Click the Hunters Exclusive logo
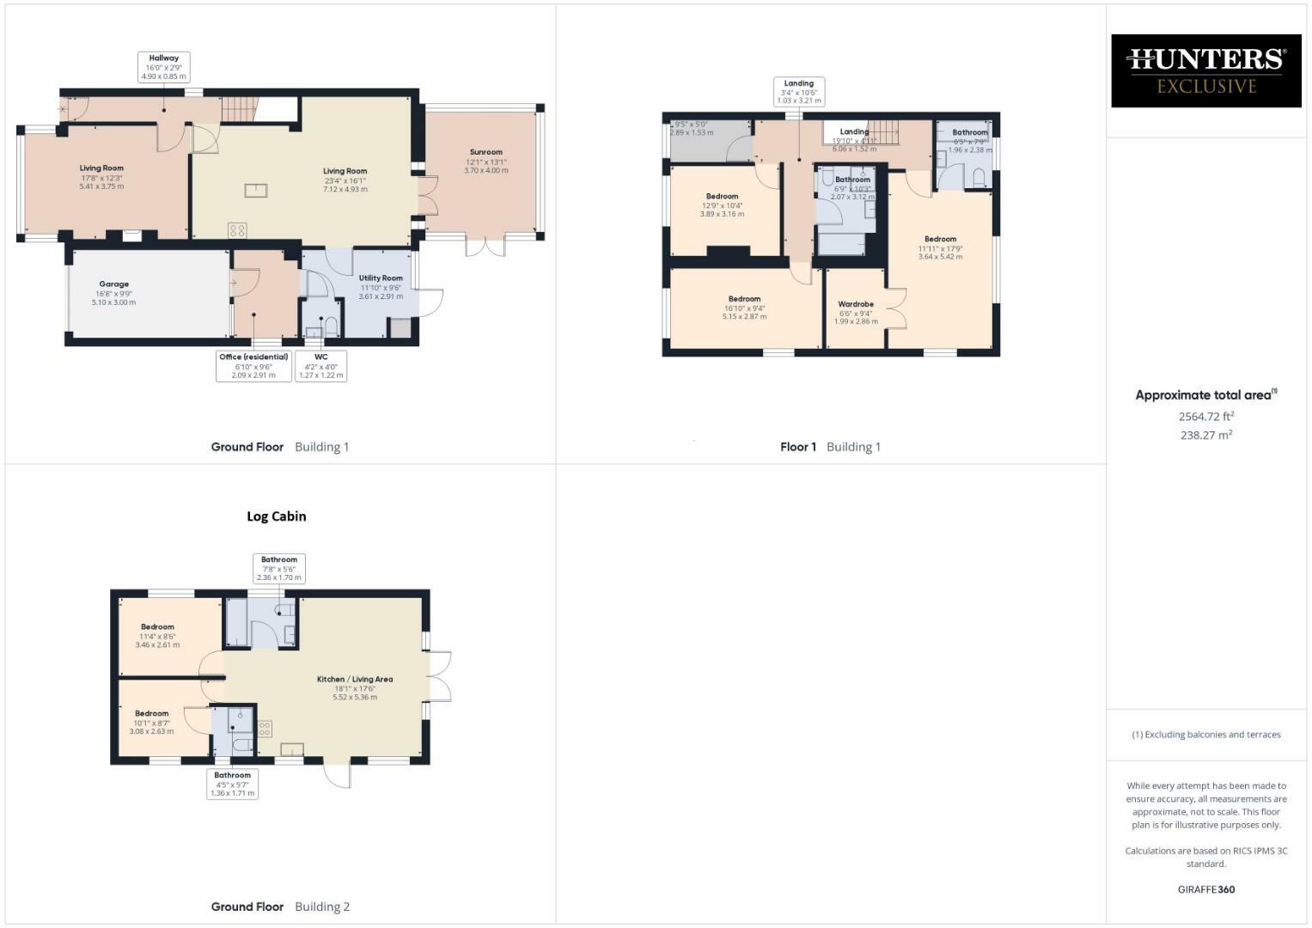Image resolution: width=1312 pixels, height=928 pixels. tap(1205, 70)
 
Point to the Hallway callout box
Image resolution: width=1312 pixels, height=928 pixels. tap(163, 67)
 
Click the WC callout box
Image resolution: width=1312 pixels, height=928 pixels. tap(321, 366)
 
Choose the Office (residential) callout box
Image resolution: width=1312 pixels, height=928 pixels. tap(253, 366)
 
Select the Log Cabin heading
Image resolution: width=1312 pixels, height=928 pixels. tap(276, 516)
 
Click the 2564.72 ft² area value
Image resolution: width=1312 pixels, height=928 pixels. tap(1205, 416)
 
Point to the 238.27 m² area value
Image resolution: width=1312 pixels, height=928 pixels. tap(1205, 435)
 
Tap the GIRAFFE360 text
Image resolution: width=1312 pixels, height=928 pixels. tap(1205, 889)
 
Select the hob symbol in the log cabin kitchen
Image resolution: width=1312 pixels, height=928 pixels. tap(265, 729)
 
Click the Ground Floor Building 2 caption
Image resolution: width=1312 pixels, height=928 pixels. tap(280, 907)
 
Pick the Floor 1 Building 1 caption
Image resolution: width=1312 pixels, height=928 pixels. tap(830, 447)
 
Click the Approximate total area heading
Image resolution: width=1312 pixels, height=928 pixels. tap(1205, 395)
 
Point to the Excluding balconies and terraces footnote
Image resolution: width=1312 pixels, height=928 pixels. tap(1205, 735)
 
